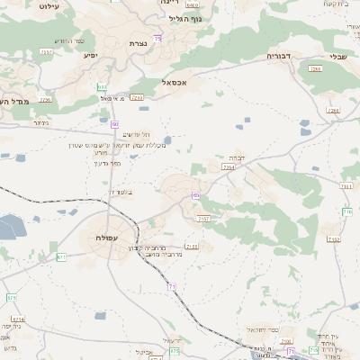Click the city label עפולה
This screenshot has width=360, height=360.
coord(112,237)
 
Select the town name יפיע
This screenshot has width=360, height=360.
coord(91,56)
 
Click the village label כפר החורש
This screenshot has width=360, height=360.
coord(69,40)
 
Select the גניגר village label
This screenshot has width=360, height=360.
coord(40,123)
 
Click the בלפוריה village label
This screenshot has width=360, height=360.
coord(119,191)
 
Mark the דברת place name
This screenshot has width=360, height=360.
coord(237,156)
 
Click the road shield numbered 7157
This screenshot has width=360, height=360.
coord(202,218)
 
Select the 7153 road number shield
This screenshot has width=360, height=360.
coord(190,245)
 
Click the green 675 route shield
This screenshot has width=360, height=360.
coord(12,297)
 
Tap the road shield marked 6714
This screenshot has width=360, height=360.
coord(18,319)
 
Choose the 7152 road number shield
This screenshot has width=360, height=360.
coord(333,239)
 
